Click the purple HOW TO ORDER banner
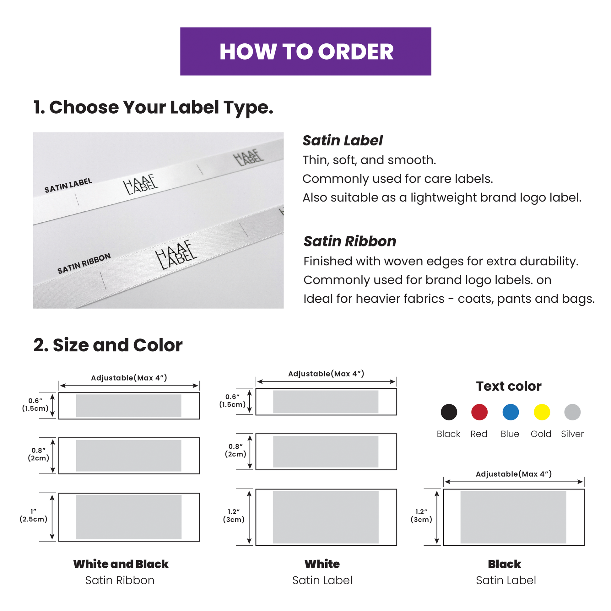tap(305, 51)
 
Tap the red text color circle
tap(479, 412)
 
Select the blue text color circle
tap(511, 412)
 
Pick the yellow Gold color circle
tap(542, 412)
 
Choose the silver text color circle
tap(572, 412)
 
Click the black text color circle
tap(449, 412)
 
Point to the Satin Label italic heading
tap(343, 140)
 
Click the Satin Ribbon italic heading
tap(350, 241)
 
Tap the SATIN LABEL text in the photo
tap(68, 185)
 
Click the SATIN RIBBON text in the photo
tap(84, 263)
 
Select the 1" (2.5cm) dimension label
tap(34, 515)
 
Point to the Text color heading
tap(509, 386)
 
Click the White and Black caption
tap(121, 564)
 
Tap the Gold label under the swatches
tap(541, 434)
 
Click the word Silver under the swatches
tap(572, 434)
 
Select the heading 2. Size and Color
tap(108, 345)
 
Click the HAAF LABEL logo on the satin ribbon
tap(176, 255)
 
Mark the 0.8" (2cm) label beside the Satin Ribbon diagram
tap(39, 454)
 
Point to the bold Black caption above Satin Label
tap(505, 564)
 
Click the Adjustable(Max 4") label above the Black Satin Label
tap(514, 474)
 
